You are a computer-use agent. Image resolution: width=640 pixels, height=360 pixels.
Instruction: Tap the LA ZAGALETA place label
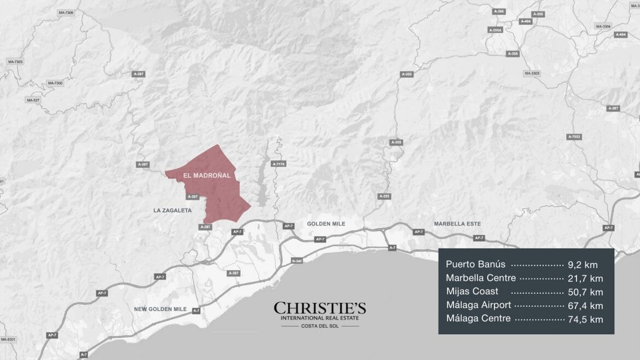click(172, 210)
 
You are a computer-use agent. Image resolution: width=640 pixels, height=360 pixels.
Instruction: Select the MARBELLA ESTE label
click(457, 224)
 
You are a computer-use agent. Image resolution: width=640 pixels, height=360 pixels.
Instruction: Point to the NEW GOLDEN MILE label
click(160, 309)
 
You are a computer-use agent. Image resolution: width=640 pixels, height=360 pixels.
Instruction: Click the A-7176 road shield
click(278, 164)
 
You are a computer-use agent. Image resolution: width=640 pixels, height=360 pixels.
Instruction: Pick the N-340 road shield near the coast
click(297, 261)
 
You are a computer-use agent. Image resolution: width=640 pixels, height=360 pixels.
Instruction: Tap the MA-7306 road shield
click(65, 13)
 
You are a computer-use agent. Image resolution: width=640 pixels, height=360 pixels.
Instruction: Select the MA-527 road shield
click(33, 100)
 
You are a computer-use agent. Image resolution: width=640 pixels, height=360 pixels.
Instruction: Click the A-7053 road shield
click(574, 136)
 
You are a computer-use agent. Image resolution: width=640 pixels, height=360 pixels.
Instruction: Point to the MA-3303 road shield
click(532, 73)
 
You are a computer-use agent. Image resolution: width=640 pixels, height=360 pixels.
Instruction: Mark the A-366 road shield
click(499, 11)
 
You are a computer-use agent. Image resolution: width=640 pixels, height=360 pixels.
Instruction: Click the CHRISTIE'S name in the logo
click(320, 308)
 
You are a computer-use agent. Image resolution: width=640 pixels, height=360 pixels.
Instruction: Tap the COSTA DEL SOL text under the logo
click(320, 326)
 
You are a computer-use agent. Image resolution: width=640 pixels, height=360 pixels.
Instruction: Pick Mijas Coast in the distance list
click(472, 291)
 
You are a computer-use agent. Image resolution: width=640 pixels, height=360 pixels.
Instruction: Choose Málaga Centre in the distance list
click(479, 318)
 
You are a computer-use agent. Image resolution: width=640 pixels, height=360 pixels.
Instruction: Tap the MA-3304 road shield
click(603, 26)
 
